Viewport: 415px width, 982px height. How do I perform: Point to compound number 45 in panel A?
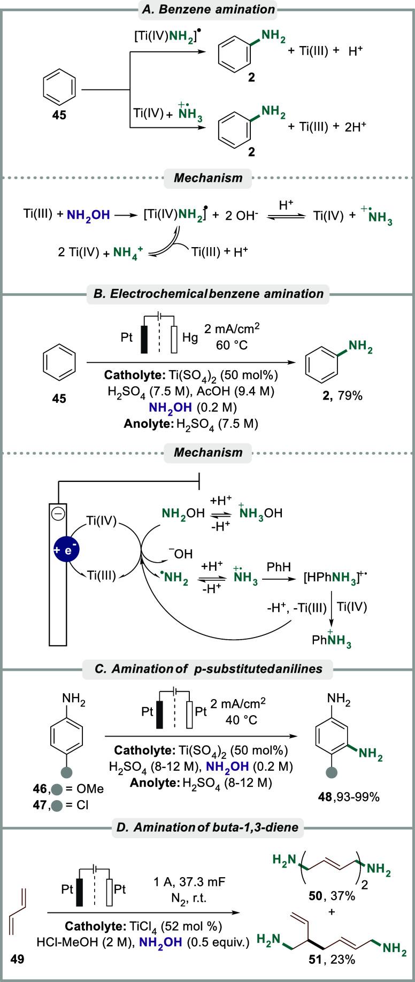(x=59, y=114)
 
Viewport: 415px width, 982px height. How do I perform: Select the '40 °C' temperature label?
(x=241, y=720)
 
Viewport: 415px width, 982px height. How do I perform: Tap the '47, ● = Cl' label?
(x=68, y=803)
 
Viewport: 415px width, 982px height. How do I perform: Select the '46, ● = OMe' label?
(x=68, y=788)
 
